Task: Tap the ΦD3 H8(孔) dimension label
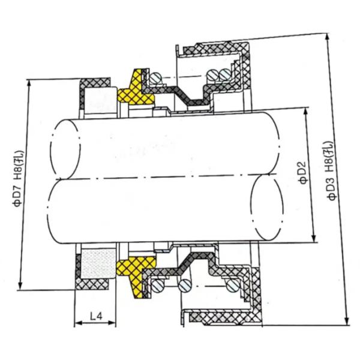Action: coord(329,174)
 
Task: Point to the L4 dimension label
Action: coord(94,315)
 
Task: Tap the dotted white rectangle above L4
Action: coord(97,263)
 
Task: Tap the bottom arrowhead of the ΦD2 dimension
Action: coord(313,239)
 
